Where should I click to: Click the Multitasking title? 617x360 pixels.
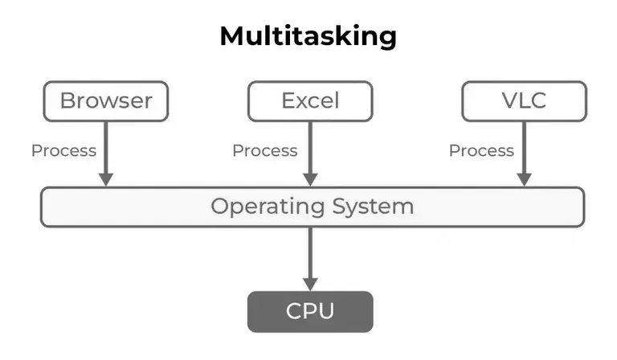[308, 36]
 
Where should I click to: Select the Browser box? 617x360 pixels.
[105, 100]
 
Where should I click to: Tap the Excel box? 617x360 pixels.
[310, 100]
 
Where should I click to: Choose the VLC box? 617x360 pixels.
[523, 100]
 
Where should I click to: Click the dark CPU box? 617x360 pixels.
[310, 311]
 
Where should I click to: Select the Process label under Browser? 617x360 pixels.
[63, 150]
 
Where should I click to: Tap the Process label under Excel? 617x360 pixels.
[264, 150]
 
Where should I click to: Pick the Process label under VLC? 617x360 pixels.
[481, 150]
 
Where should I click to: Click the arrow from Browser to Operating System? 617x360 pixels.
[105, 149]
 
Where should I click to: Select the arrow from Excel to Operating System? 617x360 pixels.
[310, 149]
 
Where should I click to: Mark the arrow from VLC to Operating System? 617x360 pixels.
[523, 149]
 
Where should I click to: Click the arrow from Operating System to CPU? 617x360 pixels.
[310, 253]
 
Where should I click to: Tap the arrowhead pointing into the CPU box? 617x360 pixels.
[310, 282]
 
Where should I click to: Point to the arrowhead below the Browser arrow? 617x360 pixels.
[105, 178]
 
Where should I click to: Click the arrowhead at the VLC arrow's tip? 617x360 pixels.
[523, 178]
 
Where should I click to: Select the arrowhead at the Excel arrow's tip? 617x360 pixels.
[310, 178]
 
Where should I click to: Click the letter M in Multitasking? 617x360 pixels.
[234, 36]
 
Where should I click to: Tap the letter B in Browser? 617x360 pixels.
[67, 100]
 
